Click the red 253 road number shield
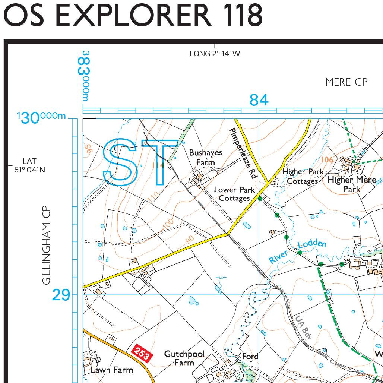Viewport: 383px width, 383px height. [142, 353]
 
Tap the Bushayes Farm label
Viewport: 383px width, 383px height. [205, 157]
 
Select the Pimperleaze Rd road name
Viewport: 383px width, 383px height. [242, 153]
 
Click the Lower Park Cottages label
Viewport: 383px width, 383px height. [234, 194]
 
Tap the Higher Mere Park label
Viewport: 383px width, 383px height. [351, 184]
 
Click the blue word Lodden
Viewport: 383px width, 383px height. [312, 244]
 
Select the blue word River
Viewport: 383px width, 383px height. [278, 256]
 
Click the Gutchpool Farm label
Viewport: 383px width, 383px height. [184, 358]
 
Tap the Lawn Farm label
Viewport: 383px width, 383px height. [112, 370]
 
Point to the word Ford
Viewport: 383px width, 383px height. [250, 357]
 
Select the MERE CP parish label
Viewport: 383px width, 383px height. [346, 82]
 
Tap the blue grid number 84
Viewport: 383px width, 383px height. [259, 100]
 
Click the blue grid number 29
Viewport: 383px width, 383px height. [61, 295]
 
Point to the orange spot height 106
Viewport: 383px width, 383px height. [327, 159]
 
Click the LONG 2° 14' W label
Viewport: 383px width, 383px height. [215, 54]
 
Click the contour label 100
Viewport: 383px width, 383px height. [168, 224]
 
